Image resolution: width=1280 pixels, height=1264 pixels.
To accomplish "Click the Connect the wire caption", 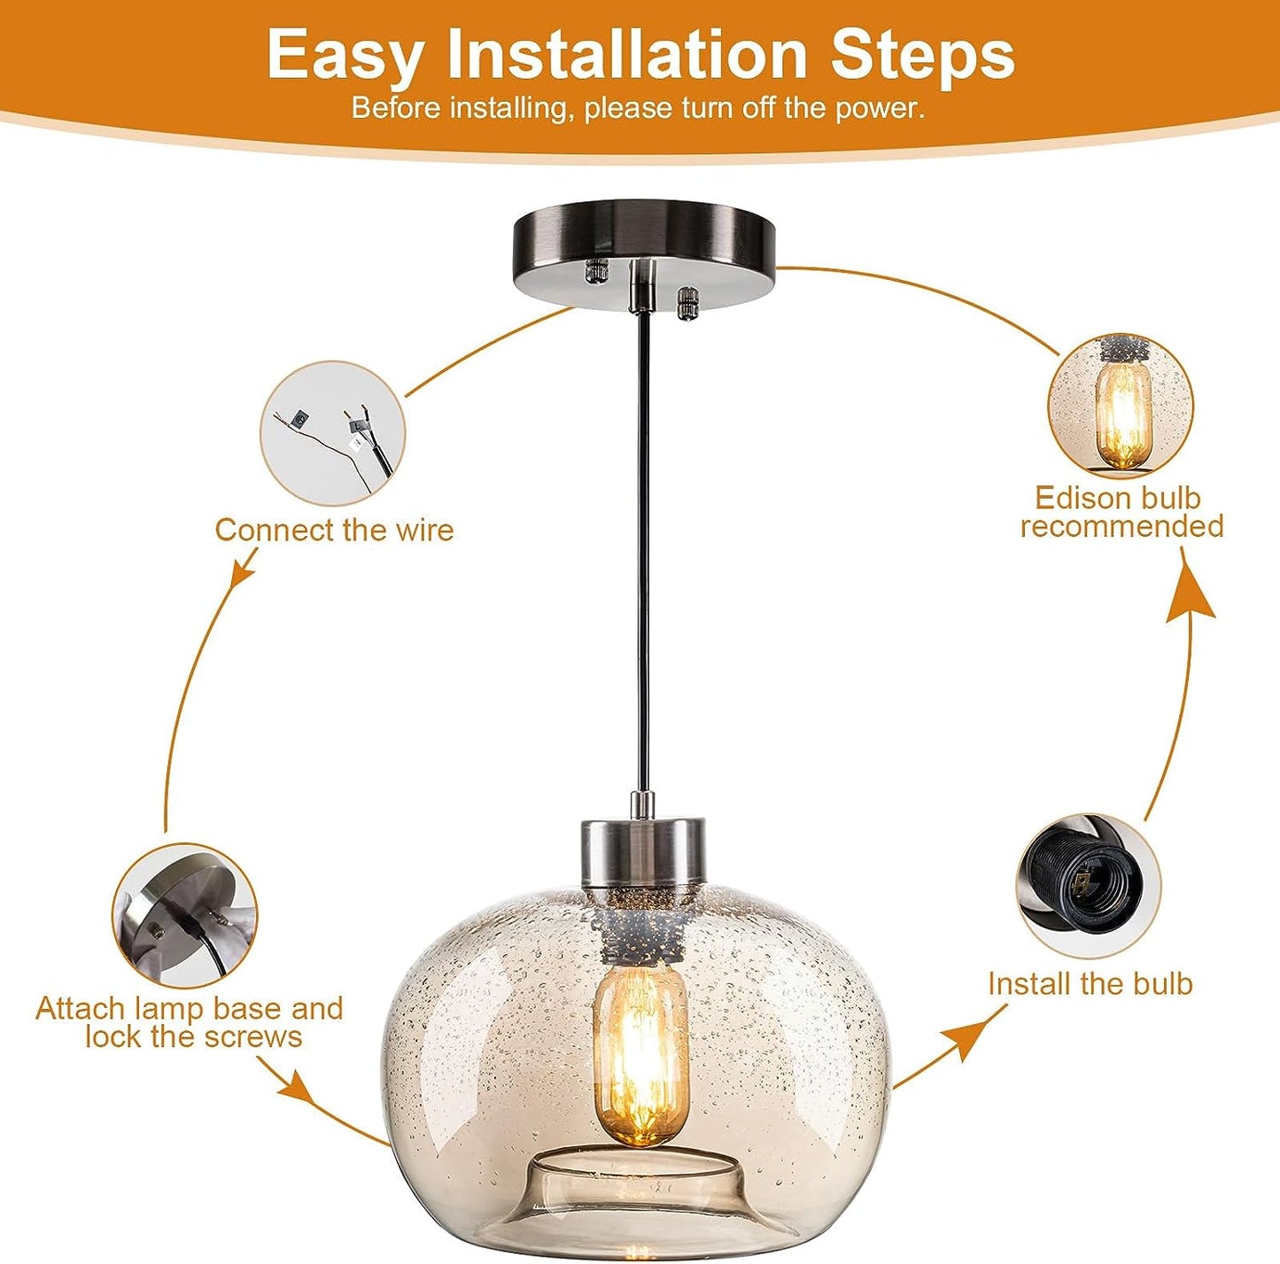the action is (x=334, y=530).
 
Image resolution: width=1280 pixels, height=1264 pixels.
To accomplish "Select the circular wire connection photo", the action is (x=332, y=432).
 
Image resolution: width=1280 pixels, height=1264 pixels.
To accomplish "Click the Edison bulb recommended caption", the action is (x=1122, y=512).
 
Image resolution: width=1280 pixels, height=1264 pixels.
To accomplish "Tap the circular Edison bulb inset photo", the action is (x=1121, y=405).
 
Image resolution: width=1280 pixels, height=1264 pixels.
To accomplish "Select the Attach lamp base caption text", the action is (x=190, y=1023).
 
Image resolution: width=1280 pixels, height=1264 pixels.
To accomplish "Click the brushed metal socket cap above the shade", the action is (x=643, y=854).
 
